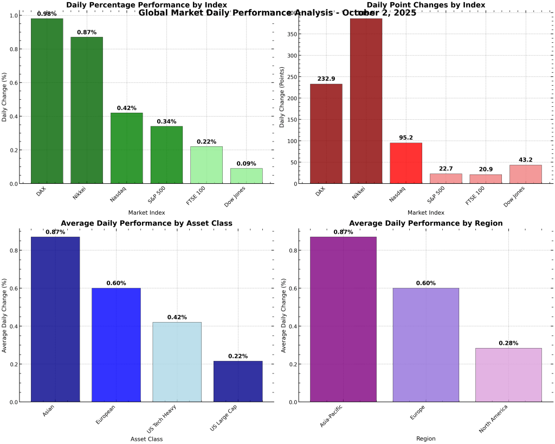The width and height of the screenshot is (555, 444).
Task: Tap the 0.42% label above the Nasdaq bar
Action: (126, 108)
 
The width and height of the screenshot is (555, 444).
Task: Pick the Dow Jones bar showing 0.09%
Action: (246, 176)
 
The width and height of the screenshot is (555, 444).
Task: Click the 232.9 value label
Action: (326, 79)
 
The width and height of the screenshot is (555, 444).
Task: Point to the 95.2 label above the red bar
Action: (406, 138)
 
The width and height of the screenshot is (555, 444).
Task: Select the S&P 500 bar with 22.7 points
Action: (446, 179)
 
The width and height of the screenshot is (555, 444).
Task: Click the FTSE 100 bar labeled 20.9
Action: (486, 179)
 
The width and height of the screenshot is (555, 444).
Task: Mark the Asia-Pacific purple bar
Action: (343, 319)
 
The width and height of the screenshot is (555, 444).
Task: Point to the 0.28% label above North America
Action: (508, 343)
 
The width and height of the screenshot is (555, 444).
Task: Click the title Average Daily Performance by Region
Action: (425, 223)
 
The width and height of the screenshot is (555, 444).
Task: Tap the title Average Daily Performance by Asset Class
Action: (146, 223)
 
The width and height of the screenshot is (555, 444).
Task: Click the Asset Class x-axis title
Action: (146, 439)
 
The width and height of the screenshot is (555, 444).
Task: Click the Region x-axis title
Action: (425, 439)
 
